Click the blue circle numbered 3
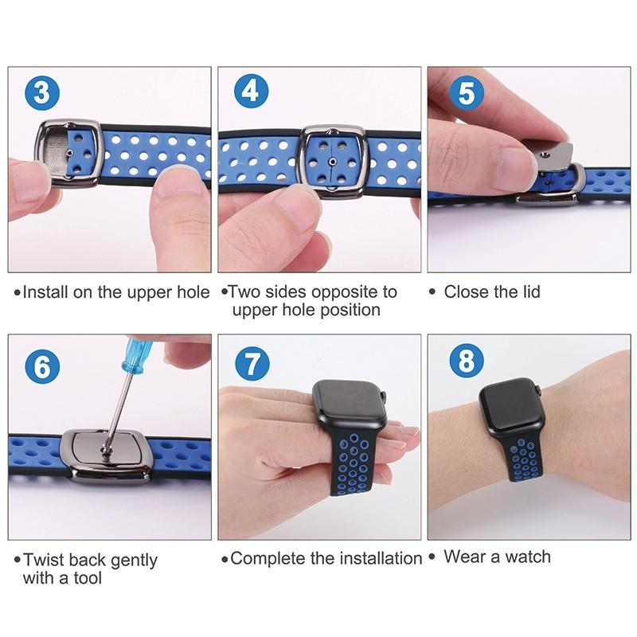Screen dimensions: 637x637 pyautogui.click(x=42, y=92)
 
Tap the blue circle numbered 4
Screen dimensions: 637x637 pyautogui.click(x=251, y=91)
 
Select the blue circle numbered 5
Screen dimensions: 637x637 pyautogui.click(x=467, y=92)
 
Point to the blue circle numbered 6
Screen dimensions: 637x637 pyautogui.click(x=42, y=367)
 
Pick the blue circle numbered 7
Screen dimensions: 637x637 pyautogui.click(x=252, y=364)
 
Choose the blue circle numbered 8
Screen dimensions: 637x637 pyautogui.click(x=467, y=361)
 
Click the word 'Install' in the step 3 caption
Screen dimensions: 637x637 pyautogui.click(x=45, y=292)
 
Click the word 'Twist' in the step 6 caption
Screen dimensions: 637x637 pyautogui.click(x=43, y=560)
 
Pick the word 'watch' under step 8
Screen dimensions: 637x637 pyautogui.click(x=527, y=557)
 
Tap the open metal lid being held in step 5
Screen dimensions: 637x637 pyautogui.click(x=553, y=156)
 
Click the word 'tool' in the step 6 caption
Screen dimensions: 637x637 pyautogui.click(x=87, y=578)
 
